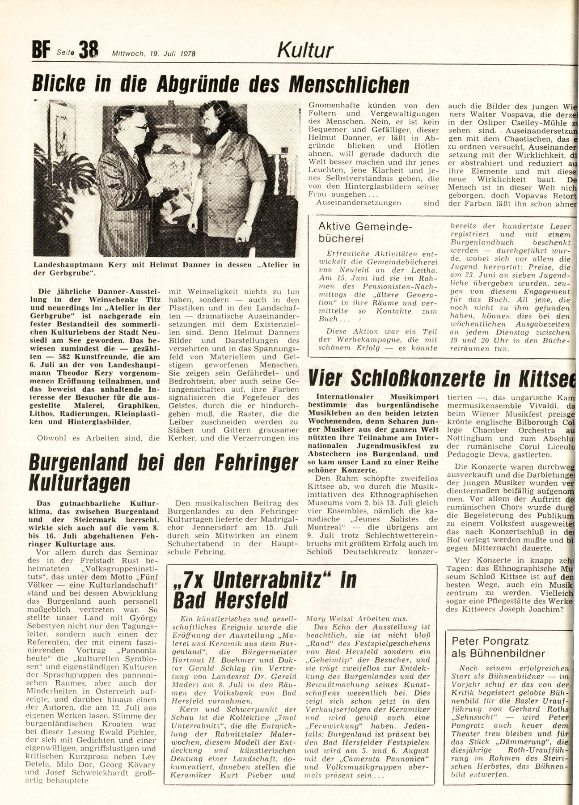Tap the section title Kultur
coord(305,51)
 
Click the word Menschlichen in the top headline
coord(348,84)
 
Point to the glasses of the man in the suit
coord(141,127)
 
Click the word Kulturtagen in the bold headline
coord(79,483)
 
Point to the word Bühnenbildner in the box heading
coord(506,653)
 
